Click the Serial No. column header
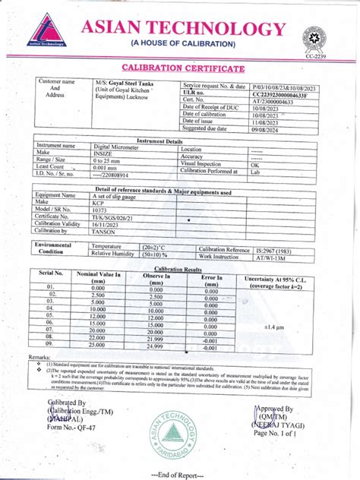(x=52, y=273)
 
